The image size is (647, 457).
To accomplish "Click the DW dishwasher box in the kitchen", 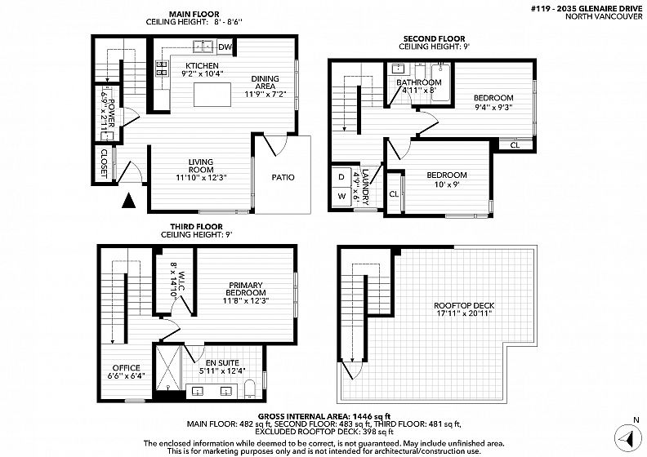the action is [225, 47].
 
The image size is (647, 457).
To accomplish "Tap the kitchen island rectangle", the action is [212, 95].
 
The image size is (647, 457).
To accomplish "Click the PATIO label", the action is [283, 178].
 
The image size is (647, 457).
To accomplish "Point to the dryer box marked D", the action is [342, 177].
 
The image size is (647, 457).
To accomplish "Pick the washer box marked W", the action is [342, 196].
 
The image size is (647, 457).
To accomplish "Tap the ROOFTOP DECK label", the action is [464, 306].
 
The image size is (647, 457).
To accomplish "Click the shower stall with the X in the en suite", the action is [168, 368].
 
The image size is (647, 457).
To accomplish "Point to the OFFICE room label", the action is [127, 367].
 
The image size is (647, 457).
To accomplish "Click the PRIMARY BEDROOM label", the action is [246, 289].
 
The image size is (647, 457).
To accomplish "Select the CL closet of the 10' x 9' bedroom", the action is [394, 193].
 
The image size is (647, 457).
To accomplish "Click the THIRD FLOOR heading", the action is [196, 227].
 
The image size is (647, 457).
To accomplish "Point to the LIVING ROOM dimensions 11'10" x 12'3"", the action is [201, 178].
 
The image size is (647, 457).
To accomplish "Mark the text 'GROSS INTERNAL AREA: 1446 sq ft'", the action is [324, 416].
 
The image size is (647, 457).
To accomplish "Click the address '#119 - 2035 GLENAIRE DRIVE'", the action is [587, 9].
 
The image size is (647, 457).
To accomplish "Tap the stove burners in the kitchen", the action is [161, 69].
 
